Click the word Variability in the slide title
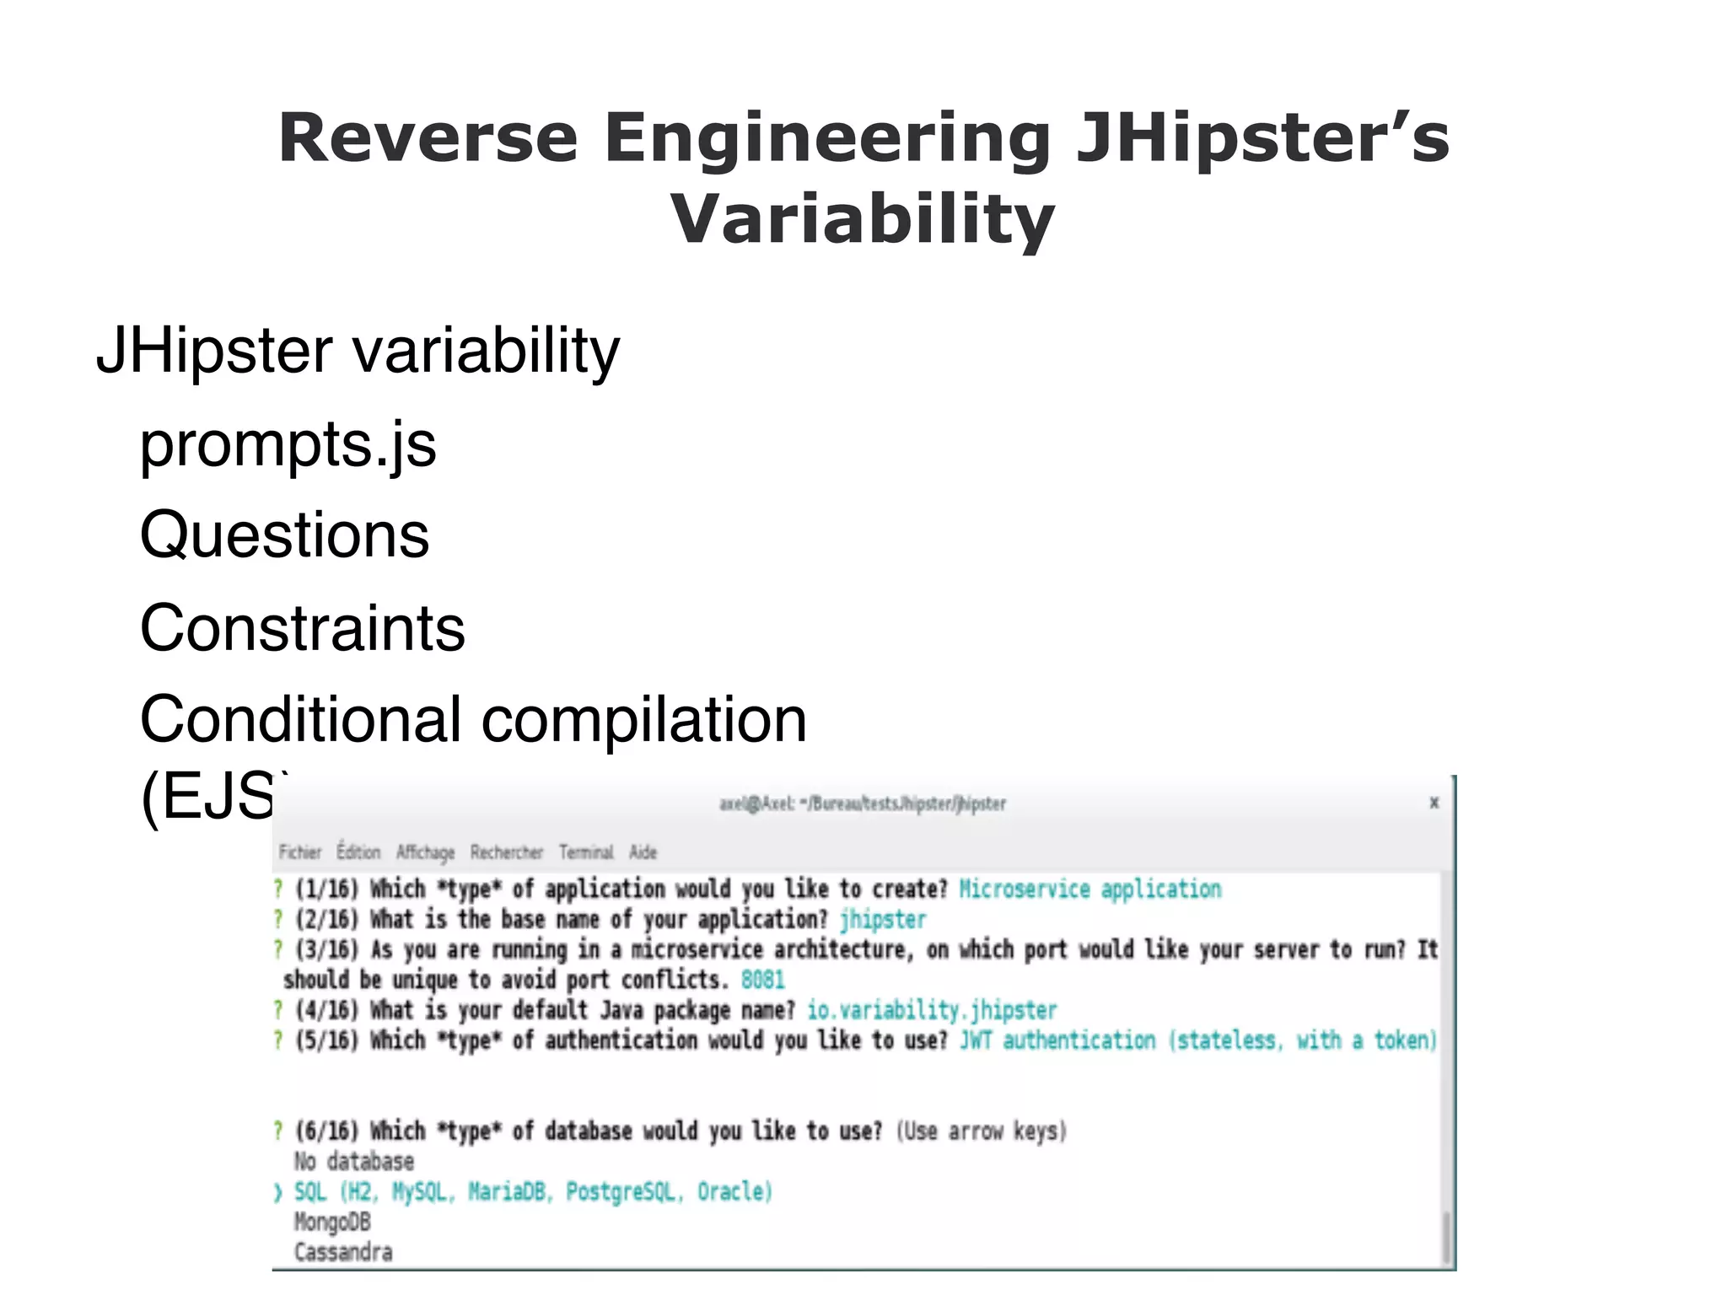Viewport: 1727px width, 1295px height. tap(862, 219)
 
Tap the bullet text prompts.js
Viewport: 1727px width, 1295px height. tap(288, 444)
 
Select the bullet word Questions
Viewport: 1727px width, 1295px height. tap(284, 535)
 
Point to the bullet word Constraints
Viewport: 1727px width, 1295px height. tap(302, 628)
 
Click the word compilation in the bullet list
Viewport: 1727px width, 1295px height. tap(643, 720)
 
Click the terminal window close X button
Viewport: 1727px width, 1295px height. tap(1434, 803)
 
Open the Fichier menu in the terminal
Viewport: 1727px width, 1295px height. tap(300, 852)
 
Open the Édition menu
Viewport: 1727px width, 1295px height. tap(358, 852)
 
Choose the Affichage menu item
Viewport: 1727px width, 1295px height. tap(425, 852)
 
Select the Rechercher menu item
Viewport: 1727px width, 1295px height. tap(506, 852)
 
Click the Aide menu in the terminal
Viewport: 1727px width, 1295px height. tap(643, 852)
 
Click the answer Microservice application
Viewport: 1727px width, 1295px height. tap(1089, 889)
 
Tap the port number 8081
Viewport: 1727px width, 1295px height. tap(762, 980)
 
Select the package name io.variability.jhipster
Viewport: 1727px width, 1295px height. tap(931, 1010)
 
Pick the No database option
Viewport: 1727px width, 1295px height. tap(354, 1162)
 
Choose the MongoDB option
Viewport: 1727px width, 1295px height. tap(332, 1222)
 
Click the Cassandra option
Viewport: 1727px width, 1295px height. tap(343, 1253)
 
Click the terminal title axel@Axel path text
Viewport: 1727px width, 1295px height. tap(862, 803)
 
